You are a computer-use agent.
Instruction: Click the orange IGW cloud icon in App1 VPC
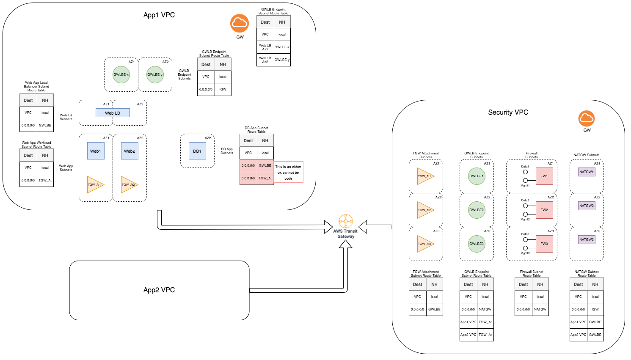tap(240, 23)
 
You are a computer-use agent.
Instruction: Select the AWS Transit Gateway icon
tap(346, 221)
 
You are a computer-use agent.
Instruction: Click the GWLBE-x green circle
tap(121, 74)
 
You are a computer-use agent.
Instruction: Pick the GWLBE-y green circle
tap(155, 74)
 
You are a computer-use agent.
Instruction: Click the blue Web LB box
tap(113, 113)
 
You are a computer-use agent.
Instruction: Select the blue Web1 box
tap(96, 151)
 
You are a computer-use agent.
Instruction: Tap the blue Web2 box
tap(130, 151)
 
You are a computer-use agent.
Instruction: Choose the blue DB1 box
tap(197, 151)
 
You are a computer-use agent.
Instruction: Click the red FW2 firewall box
tap(544, 210)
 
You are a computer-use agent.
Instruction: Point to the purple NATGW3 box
tap(587, 239)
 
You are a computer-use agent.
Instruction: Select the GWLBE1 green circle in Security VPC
tap(477, 176)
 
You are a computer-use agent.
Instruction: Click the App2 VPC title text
tap(159, 290)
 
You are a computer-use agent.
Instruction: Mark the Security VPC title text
tap(508, 112)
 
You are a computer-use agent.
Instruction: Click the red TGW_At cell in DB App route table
tap(265, 178)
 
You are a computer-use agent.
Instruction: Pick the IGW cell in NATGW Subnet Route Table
tap(595, 309)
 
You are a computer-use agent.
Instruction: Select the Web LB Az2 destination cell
tap(265, 60)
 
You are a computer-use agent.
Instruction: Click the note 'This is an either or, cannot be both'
tap(288, 172)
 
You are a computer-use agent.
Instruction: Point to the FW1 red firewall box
tap(544, 176)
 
